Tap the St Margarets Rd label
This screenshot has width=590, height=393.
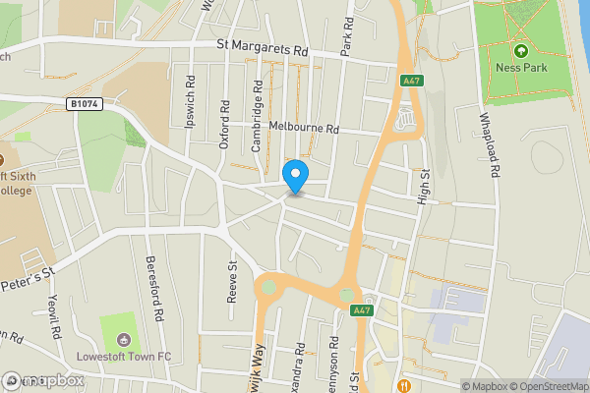pos(264,46)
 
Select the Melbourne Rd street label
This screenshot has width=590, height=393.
pos(304,129)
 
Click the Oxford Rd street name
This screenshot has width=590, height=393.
pos(225,123)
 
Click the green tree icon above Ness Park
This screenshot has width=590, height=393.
pos(520,51)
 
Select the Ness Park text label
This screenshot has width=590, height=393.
pos(520,70)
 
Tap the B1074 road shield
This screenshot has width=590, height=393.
pos(85,102)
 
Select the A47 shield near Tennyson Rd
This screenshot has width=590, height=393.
pos(362,310)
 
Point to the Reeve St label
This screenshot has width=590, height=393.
pos(233,281)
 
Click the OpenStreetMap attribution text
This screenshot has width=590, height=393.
pos(547,386)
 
